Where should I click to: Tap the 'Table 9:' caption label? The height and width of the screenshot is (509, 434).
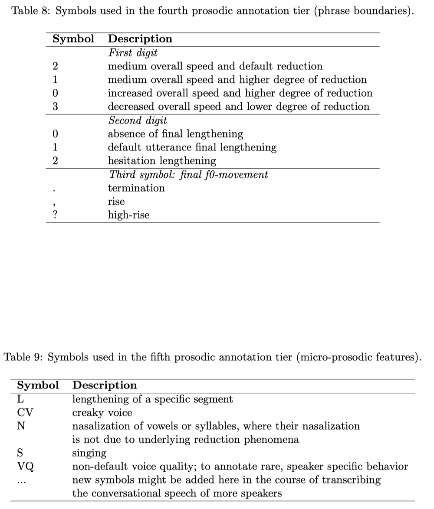23,357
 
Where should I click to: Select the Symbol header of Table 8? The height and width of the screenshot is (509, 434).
73,39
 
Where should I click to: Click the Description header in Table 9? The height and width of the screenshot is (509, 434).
104,385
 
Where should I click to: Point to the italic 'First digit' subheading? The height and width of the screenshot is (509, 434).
132,52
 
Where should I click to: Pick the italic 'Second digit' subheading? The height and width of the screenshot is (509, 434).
138,120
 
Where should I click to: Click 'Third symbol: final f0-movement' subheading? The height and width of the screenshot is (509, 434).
188,174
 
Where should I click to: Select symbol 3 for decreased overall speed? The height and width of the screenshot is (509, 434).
56,107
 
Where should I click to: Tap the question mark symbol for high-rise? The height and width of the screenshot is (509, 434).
55,215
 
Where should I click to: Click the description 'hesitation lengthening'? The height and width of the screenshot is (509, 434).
162,161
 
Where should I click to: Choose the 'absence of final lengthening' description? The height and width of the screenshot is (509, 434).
175,134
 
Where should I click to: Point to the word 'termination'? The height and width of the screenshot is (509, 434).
136,188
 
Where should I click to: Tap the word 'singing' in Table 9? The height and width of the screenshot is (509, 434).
89,453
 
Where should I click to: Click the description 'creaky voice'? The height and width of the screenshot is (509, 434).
102,412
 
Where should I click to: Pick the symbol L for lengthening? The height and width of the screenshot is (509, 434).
20,399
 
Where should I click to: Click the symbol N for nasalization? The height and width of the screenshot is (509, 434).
20,426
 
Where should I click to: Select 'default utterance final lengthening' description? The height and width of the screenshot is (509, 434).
192,147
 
